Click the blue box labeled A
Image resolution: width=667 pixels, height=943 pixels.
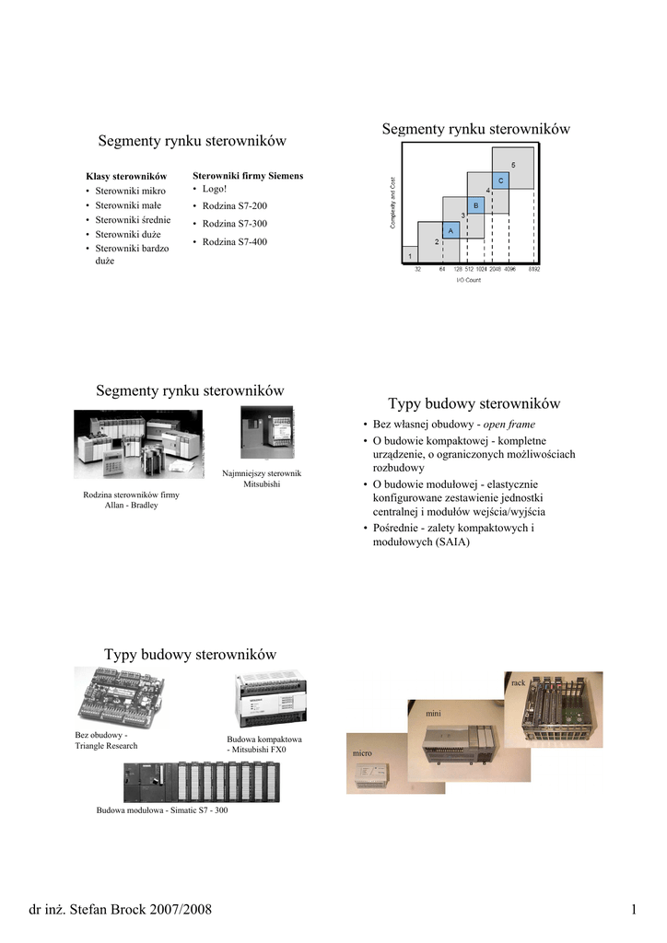pos(451,230)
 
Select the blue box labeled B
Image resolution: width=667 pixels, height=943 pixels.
pos(475,205)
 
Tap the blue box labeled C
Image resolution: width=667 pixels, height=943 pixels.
pos(500,180)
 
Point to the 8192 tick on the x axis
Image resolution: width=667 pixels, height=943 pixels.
pos(534,269)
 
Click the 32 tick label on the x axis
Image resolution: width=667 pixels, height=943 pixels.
pos(417,269)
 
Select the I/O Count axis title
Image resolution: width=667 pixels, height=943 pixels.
pos(469,280)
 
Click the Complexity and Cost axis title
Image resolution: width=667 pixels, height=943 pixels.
pos(393,203)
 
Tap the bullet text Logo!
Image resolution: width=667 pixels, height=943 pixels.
pos(214,188)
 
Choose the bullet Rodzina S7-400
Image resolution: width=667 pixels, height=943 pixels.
pos(234,241)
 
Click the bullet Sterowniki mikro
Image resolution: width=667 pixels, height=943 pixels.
pos(131,191)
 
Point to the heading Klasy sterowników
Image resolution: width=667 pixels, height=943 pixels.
pos(126,176)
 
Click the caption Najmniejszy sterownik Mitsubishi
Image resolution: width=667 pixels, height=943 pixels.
pos(262,478)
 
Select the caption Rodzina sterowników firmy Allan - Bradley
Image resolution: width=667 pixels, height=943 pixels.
pos(131,499)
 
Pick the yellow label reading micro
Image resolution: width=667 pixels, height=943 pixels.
pos(360,754)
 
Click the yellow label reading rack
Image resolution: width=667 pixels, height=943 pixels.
pos(518,683)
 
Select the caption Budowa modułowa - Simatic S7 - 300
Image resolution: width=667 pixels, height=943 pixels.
pos(162,809)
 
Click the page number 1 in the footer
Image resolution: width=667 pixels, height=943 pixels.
pos(634,910)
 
